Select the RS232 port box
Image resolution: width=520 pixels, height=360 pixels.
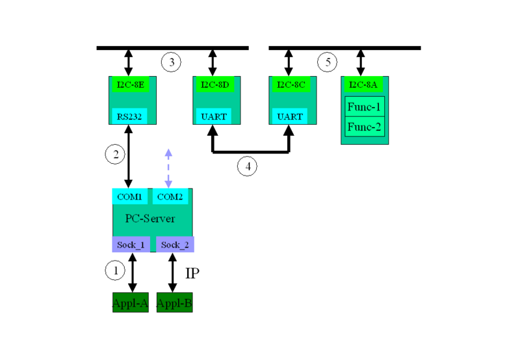128,116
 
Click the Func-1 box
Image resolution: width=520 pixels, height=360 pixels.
365,106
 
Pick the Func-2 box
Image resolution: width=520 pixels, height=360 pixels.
365,126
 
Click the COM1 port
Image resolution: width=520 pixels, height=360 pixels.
130,196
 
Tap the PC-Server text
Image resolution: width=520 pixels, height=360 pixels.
149,219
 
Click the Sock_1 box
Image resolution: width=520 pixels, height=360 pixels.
131,244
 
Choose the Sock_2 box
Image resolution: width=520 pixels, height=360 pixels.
175,244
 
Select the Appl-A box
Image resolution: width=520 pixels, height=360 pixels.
131,303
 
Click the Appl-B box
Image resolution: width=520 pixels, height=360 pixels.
174,303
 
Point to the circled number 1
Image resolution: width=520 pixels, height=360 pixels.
115,270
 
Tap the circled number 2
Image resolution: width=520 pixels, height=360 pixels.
114,155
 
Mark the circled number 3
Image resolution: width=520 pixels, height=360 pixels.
171,63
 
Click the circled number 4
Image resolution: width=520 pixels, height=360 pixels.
247,166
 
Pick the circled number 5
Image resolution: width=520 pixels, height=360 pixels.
328,63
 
